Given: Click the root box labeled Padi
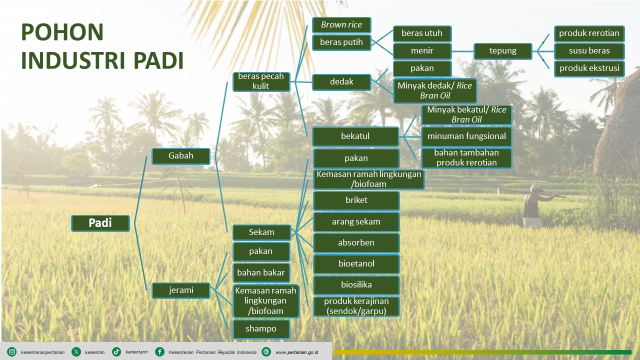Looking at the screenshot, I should click(x=100, y=223).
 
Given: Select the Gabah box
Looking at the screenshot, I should click(x=180, y=155).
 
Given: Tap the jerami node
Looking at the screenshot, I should click(x=180, y=290).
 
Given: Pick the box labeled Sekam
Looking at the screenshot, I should click(x=261, y=232).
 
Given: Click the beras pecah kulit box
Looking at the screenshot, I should click(x=261, y=81).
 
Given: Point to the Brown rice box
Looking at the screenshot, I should click(x=341, y=25).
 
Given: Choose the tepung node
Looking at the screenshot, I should click(x=502, y=50).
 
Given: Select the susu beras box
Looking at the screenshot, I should click(x=589, y=50).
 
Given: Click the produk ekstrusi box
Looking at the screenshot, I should click(x=589, y=68).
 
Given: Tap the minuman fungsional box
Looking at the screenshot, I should click(x=466, y=136).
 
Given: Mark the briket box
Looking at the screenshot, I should click(x=356, y=200).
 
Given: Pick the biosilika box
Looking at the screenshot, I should click(x=356, y=285).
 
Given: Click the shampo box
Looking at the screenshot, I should click(x=261, y=328).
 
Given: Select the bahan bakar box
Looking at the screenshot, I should click(x=261, y=272).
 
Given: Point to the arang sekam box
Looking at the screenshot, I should click(x=356, y=221).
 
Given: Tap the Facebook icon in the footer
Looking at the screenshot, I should click(x=159, y=352).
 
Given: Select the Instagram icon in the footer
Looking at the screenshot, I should click(x=12, y=352).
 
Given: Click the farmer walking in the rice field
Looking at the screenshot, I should click(x=533, y=206).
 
